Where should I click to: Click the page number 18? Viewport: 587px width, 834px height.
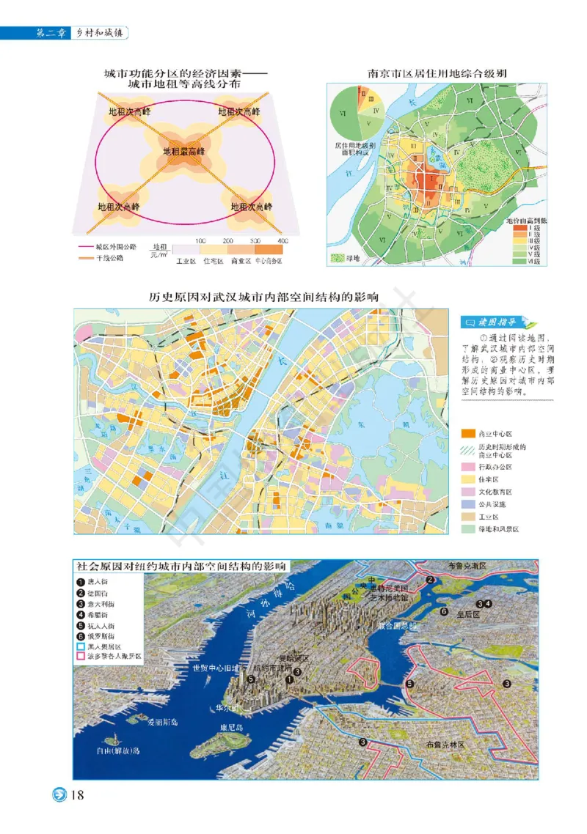click(x=79, y=796)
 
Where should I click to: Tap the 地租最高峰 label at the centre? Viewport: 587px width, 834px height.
click(x=183, y=152)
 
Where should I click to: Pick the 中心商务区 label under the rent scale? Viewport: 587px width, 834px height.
click(x=269, y=260)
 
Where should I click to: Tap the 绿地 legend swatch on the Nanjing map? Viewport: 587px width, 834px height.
click(x=338, y=258)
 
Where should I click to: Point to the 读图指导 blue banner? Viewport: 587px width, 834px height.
click(x=489, y=322)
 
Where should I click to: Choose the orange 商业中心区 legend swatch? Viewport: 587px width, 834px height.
click(x=467, y=433)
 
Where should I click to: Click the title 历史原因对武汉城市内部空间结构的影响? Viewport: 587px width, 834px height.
click(x=263, y=298)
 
